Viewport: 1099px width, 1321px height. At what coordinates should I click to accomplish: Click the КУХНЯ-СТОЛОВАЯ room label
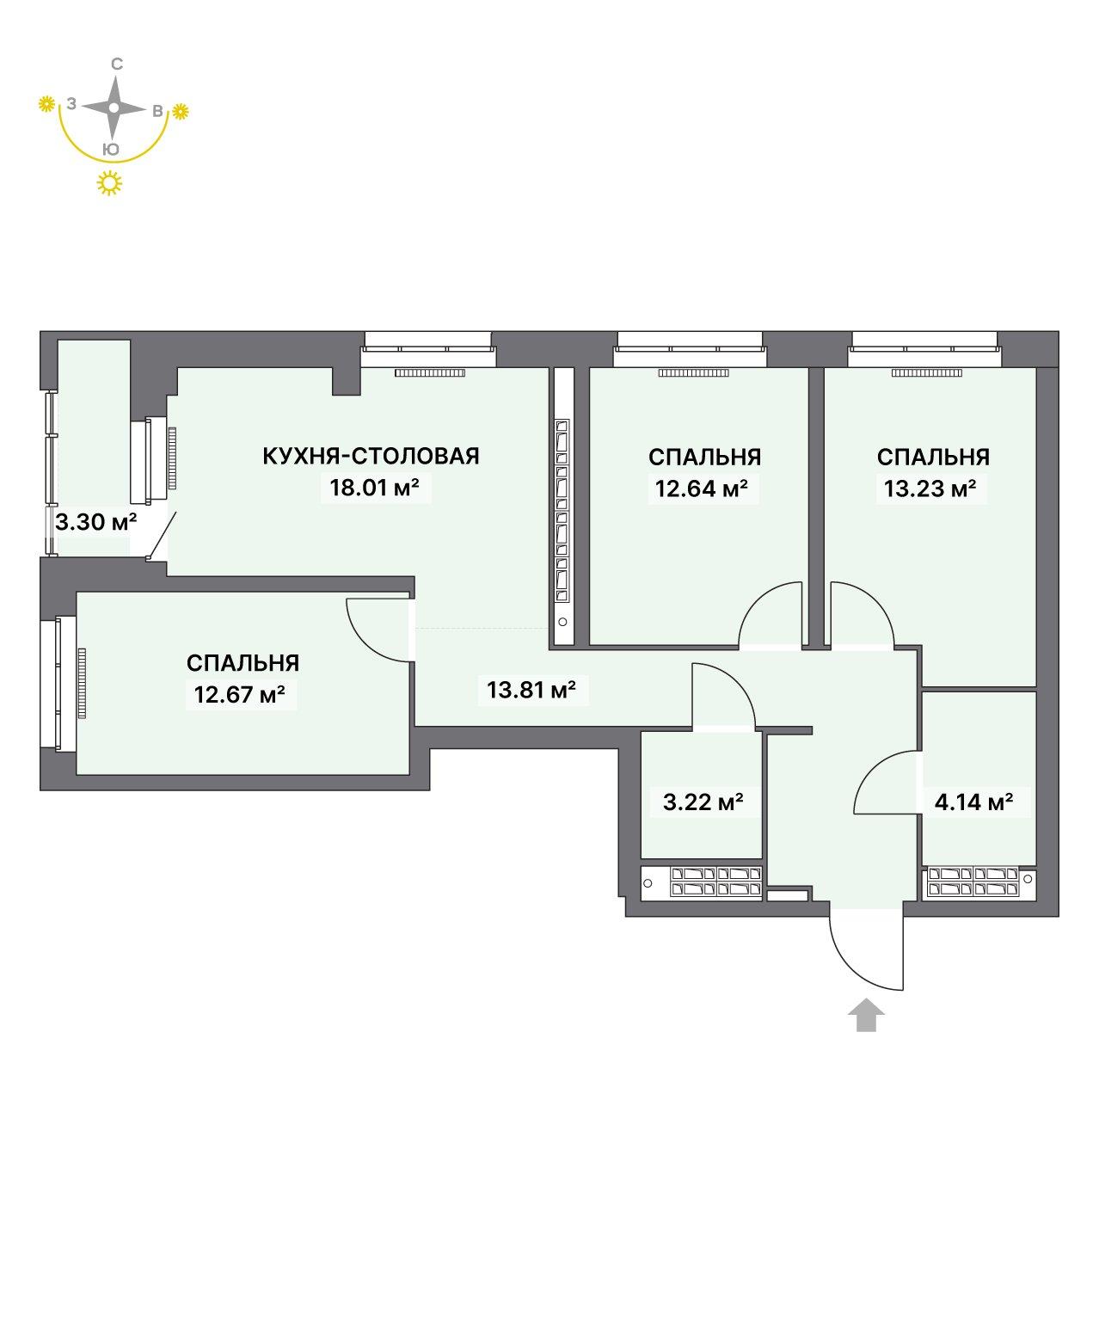[371, 456]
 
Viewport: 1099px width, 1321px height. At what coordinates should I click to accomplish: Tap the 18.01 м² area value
[375, 488]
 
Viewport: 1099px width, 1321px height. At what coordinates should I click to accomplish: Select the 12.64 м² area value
[702, 488]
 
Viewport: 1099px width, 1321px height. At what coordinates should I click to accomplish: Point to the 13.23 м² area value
[930, 488]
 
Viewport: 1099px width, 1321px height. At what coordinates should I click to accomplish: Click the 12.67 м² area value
[240, 695]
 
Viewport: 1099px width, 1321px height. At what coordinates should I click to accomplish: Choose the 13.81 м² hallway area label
[531, 689]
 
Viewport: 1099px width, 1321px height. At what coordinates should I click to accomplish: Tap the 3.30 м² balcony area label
[96, 522]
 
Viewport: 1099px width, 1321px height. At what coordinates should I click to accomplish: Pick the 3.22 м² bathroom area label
[703, 802]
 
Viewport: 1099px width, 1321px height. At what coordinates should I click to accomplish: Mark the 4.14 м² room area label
[974, 802]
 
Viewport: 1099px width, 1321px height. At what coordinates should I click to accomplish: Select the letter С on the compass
[117, 64]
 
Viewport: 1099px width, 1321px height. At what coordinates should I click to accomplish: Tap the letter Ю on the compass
[111, 150]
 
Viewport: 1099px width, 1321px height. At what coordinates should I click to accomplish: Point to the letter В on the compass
[158, 111]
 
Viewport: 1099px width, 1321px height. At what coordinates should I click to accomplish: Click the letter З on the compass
[71, 104]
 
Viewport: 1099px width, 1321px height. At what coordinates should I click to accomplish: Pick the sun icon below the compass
[109, 183]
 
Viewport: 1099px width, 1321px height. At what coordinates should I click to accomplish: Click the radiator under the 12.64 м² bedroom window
[693, 373]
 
